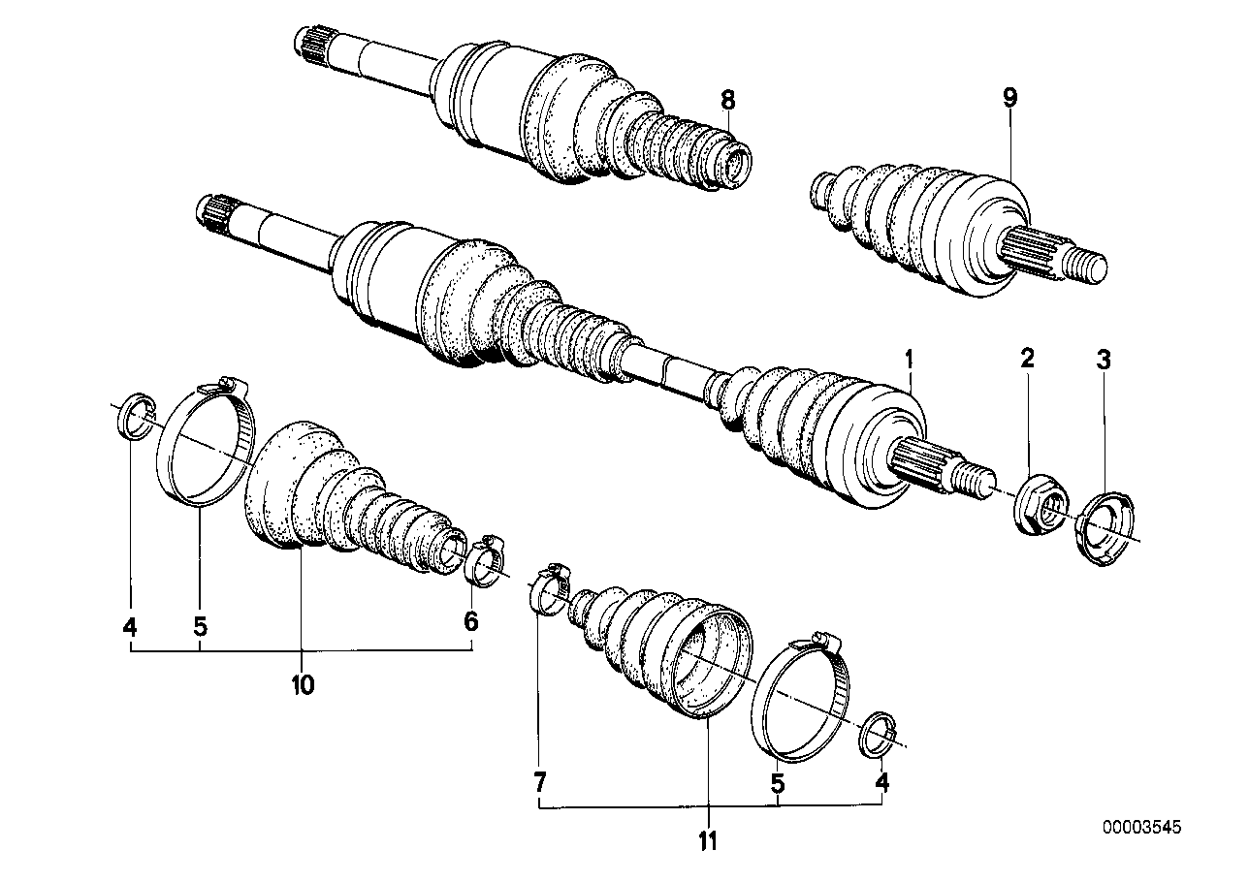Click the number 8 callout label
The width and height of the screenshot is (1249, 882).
pos(728,99)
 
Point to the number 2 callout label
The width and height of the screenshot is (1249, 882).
pos(1027,360)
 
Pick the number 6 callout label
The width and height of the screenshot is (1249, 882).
pos(470,621)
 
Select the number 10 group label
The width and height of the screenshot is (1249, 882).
pos(302,685)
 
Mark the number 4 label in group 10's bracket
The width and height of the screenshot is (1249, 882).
pos(130,626)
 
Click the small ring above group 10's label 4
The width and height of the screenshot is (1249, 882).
pos(135,418)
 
